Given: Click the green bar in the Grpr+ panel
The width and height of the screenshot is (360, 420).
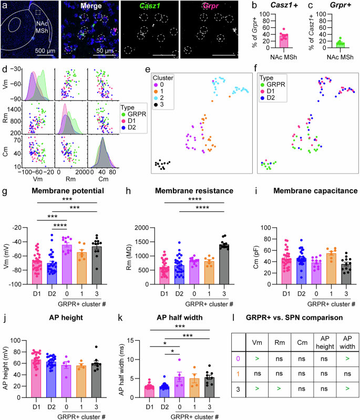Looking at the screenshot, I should [x=341, y=50].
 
